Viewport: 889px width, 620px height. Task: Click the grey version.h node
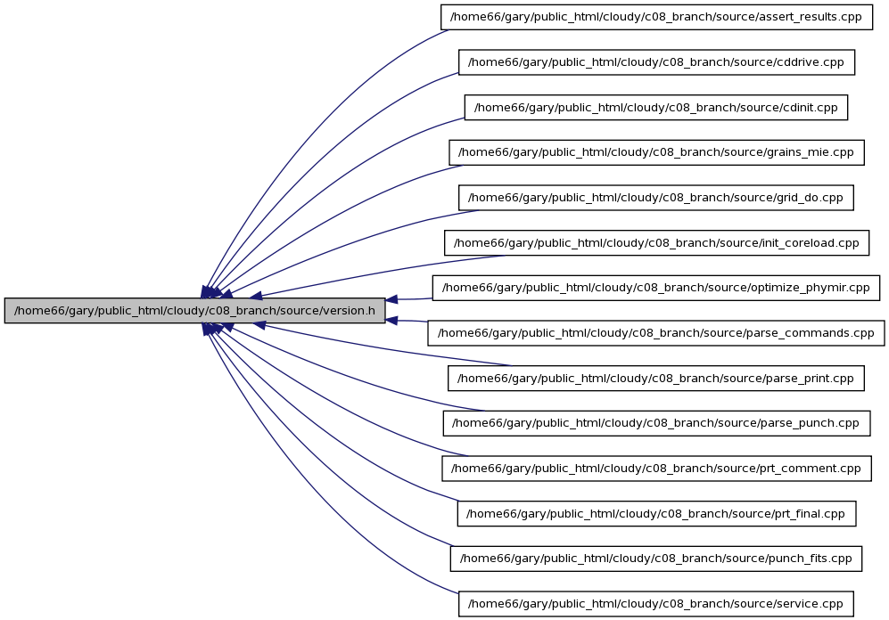coord(194,311)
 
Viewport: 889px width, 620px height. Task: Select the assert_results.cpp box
coord(656,17)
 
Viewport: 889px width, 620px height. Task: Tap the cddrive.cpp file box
coord(656,62)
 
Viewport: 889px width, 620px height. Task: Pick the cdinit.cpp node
coord(656,108)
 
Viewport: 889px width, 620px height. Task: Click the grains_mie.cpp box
coord(656,152)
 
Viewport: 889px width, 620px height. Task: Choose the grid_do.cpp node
coord(656,198)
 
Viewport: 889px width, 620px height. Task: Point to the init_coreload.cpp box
coord(656,243)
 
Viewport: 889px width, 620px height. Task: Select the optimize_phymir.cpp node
coord(656,288)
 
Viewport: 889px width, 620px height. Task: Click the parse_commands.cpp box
coord(656,333)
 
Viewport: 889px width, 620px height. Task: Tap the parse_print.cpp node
coord(656,379)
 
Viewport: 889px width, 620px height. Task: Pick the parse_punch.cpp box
coord(656,423)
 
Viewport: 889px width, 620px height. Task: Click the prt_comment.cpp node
coord(656,469)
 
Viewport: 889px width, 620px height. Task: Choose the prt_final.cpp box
coord(656,514)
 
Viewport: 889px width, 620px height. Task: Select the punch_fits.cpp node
coord(656,559)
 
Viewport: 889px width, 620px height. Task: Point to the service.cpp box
coord(656,604)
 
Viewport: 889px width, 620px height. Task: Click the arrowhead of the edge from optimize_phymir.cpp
coord(391,299)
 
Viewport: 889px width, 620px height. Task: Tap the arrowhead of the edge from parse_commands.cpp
coord(391,321)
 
